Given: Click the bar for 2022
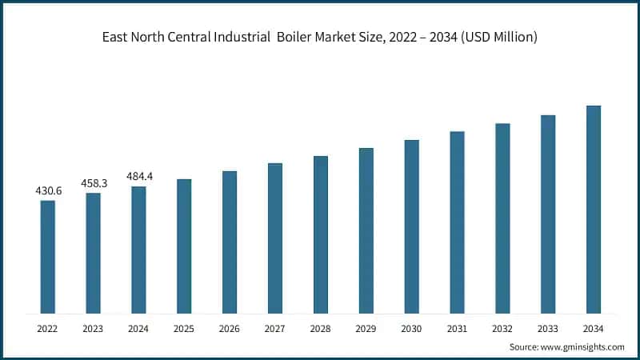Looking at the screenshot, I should pyautogui.click(x=48, y=257).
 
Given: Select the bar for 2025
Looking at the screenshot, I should pyautogui.click(x=184, y=246).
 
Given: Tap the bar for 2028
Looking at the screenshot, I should pyautogui.click(x=320, y=234).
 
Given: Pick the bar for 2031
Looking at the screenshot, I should pyautogui.click(x=457, y=222).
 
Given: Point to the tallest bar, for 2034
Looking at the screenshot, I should pyautogui.click(x=593, y=210).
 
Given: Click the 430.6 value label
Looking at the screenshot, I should pyautogui.click(x=48, y=191).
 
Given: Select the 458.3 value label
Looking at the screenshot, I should pyautogui.click(x=94, y=183).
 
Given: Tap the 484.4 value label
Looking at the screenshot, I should pyautogui.click(x=139, y=177).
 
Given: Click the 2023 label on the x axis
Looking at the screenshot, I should pyautogui.click(x=94, y=328).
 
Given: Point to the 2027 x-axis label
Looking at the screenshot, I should pyautogui.click(x=275, y=328).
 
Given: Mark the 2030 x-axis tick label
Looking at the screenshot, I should pyautogui.click(x=411, y=328).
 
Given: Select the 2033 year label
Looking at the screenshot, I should pyautogui.click(x=547, y=328).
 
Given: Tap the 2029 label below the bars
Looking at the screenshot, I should pyautogui.click(x=366, y=328).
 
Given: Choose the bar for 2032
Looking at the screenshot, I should pyautogui.click(x=502, y=218).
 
